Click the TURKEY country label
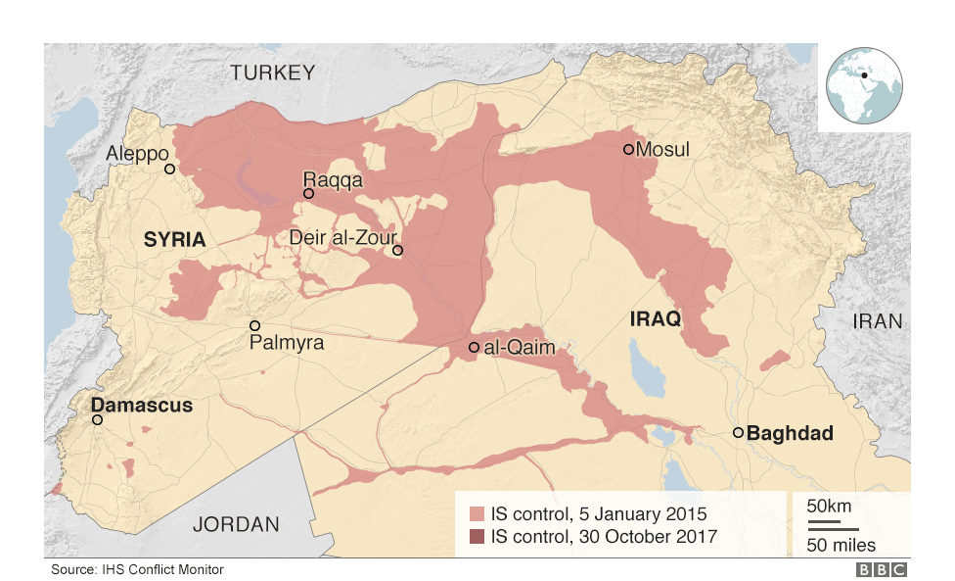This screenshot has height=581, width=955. click(273, 73)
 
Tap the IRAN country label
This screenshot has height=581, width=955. click(878, 321)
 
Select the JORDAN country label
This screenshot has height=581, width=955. click(236, 524)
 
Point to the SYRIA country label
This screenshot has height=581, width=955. click(174, 240)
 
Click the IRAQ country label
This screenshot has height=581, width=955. click(656, 319)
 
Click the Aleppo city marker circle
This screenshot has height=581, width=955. click(169, 169)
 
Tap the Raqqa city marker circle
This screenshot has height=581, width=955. click(308, 194)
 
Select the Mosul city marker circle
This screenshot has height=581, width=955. click(629, 150)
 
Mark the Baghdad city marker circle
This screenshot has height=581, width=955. click(738, 433)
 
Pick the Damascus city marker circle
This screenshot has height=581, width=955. click(97, 419)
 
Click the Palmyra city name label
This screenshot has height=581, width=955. click(286, 344)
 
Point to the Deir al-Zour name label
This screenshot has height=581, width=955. click(341, 237)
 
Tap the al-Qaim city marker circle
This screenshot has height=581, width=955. click(474, 348)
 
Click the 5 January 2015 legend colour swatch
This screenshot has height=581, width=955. click(477, 514)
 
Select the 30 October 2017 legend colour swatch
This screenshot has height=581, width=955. click(477, 537)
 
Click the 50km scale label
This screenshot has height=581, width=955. click(828, 507)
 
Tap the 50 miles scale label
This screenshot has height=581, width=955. click(841, 545)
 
